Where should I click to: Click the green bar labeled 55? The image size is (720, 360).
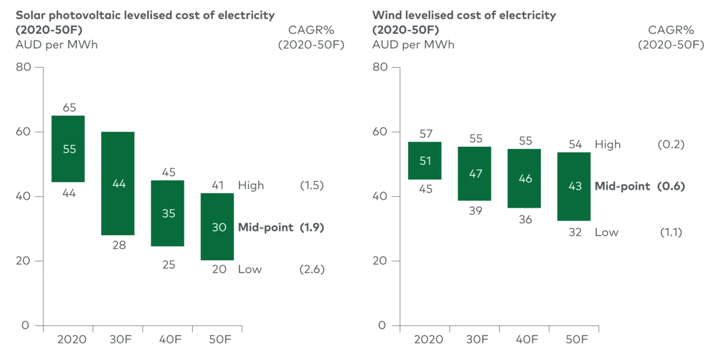click(69, 150)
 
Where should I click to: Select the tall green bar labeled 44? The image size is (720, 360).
click(118, 183)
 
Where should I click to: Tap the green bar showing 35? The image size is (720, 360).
click(167, 213)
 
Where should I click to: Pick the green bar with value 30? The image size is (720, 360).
click(217, 227)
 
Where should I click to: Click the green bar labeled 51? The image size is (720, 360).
click(425, 161)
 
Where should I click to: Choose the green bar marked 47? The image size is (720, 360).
click(475, 174)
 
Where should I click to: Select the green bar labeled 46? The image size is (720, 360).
click(524, 179)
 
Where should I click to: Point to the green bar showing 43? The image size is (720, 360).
click(574, 186)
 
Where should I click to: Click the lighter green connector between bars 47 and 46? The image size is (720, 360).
click(500, 175)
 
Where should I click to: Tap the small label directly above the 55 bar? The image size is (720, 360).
click(71, 107)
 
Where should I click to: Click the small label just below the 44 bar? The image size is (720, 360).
click(119, 246)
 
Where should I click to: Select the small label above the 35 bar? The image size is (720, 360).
click(168, 171)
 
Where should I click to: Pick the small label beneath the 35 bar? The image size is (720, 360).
click(168, 265)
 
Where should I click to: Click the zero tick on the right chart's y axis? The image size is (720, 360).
click(381, 326)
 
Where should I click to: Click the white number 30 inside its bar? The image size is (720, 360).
click(219, 227)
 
